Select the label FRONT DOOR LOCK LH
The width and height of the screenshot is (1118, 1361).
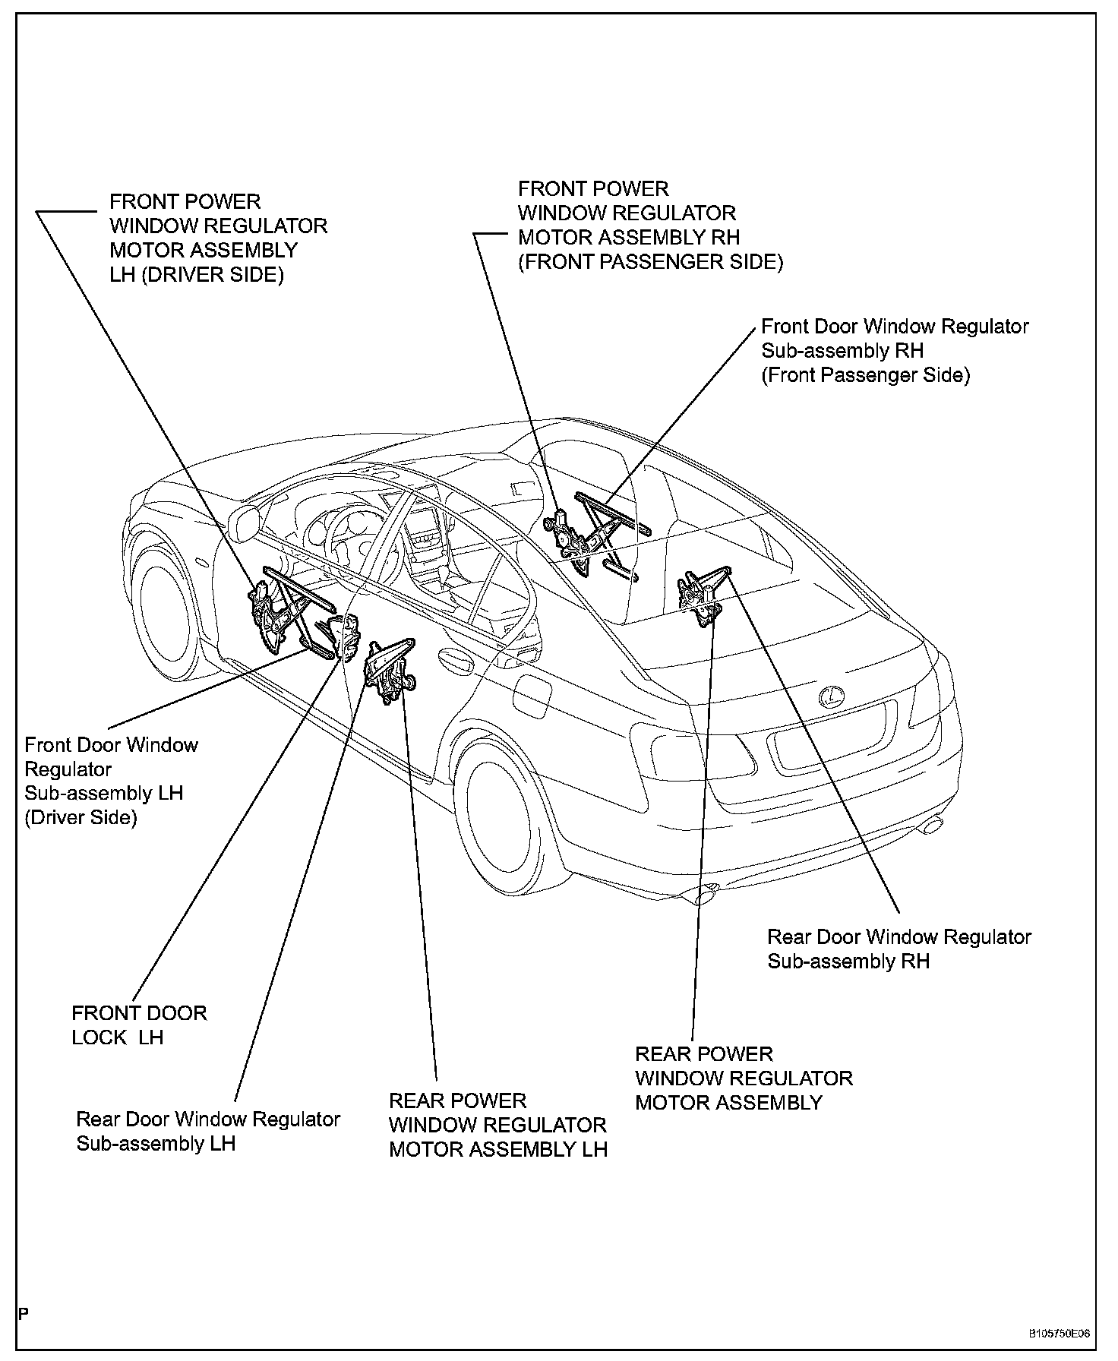(139, 1025)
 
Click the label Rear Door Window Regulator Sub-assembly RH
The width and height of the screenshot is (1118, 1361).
(899, 949)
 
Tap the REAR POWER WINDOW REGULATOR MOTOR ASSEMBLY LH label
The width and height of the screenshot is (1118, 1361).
(497, 1125)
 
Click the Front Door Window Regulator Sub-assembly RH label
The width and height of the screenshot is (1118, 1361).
(894, 350)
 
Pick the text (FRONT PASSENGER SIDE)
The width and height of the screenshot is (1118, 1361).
(650, 262)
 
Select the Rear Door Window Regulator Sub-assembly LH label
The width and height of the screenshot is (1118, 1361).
(208, 1131)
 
